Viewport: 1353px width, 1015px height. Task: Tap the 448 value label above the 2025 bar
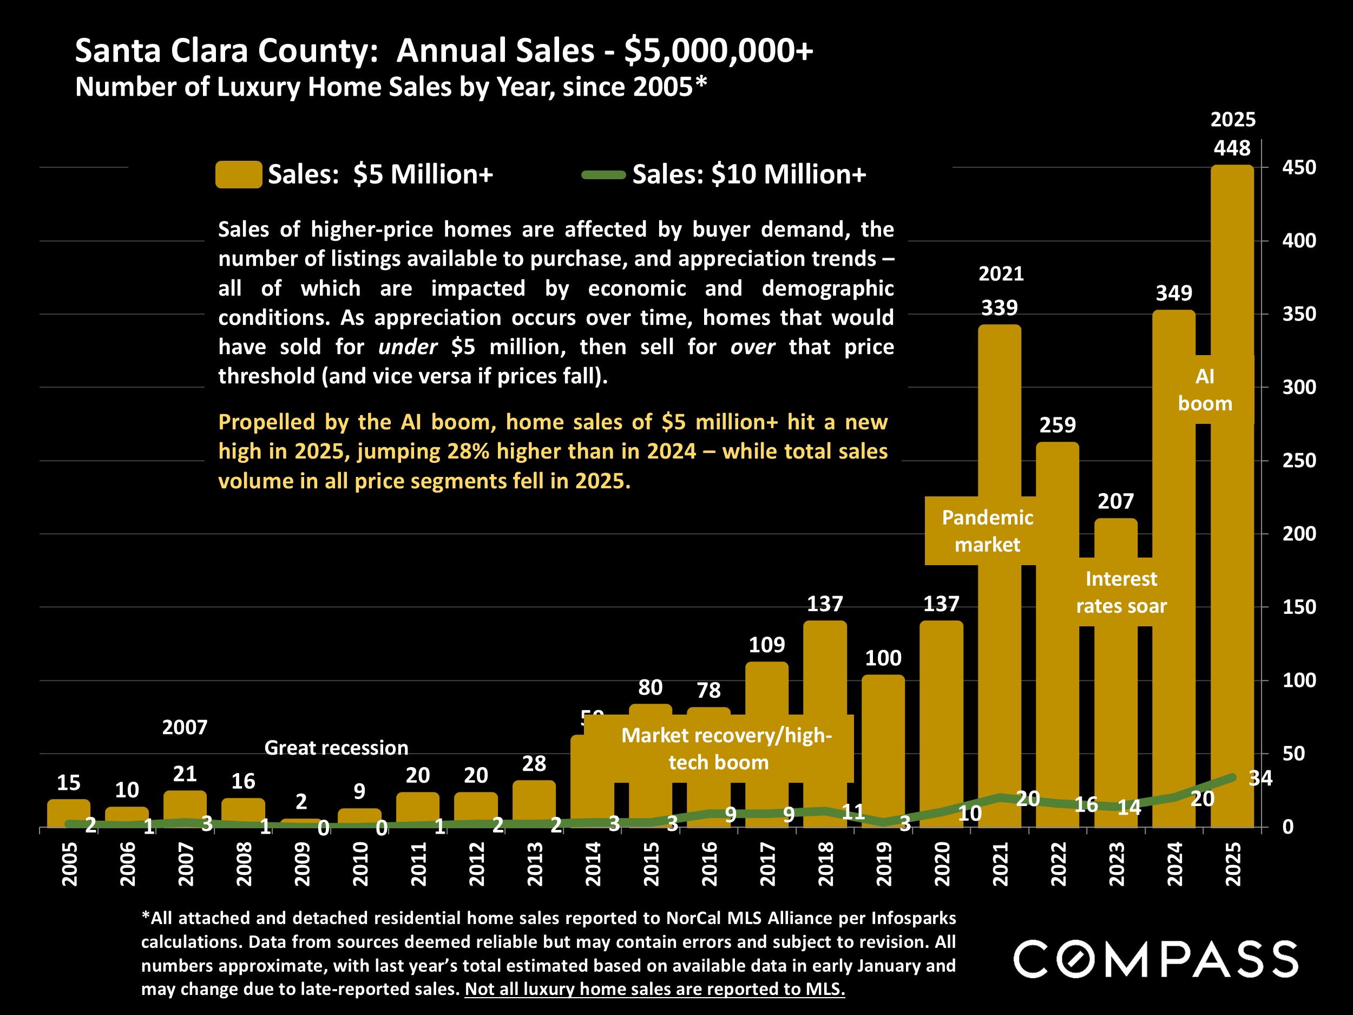click(x=1232, y=148)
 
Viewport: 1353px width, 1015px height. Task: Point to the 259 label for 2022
click(x=1058, y=424)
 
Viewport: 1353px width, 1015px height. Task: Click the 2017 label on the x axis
click(x=767, y=863)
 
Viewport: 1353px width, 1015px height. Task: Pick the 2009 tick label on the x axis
click(x=302, y=863)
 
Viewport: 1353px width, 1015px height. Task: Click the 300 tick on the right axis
click(x=1298, y=387)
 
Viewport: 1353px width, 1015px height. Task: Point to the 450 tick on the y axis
click(x=1298, y=167)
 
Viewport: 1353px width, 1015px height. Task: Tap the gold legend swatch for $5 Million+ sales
click(x=239, y=174)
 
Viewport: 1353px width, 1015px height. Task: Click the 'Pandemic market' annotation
click(x=987, y=531)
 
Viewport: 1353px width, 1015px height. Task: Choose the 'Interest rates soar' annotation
click(x=1121, y=592)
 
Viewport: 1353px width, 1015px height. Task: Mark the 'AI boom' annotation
click(x=1205, y=390)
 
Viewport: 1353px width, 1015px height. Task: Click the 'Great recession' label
click(x=336, y=748)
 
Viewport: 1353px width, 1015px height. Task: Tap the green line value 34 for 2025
click(x=1260, y=777)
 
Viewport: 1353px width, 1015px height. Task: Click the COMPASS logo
click(x=1155, y=959)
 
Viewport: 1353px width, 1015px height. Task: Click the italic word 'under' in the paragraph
click(x=408, y=347)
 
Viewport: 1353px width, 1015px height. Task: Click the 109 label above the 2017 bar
click(x=766, y=644)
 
